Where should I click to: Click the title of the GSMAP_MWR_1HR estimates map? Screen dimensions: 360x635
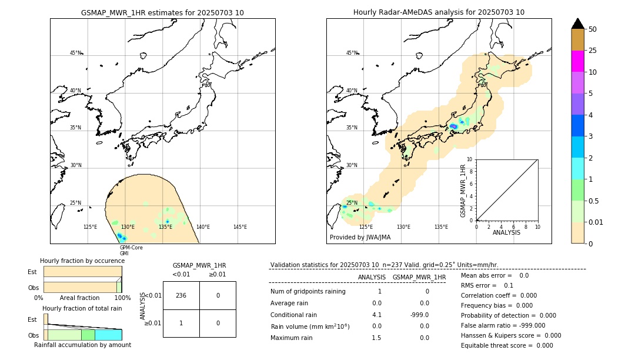click(162, 12)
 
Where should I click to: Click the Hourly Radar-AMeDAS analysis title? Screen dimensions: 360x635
click(439, 12)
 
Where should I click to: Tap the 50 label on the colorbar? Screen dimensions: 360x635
click(593, 29)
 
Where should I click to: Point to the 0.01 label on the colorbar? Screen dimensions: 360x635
click(596, 222)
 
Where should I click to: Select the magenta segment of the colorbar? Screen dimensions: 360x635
click(577, 61)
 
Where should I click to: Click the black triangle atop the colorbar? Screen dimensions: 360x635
click(577, 24)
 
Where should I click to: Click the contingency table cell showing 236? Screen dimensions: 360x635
click(181, 295)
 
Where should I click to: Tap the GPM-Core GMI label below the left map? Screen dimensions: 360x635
click(131, 251)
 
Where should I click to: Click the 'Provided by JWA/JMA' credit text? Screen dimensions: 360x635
click(360, 238)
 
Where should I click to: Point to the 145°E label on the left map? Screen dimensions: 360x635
click(240, 227)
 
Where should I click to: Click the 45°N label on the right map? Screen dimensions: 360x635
click(352, 53)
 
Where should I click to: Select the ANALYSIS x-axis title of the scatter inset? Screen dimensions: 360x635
click(507, 233)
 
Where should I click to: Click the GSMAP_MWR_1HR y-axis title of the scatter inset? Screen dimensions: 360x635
click(463, 191)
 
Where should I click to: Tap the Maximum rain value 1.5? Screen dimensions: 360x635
click(376, 338)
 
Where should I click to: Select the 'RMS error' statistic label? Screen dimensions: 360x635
click(479, 285)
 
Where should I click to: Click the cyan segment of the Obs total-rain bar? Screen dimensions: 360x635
click(108, 335)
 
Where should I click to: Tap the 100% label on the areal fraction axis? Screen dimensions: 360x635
click(122, 298)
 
